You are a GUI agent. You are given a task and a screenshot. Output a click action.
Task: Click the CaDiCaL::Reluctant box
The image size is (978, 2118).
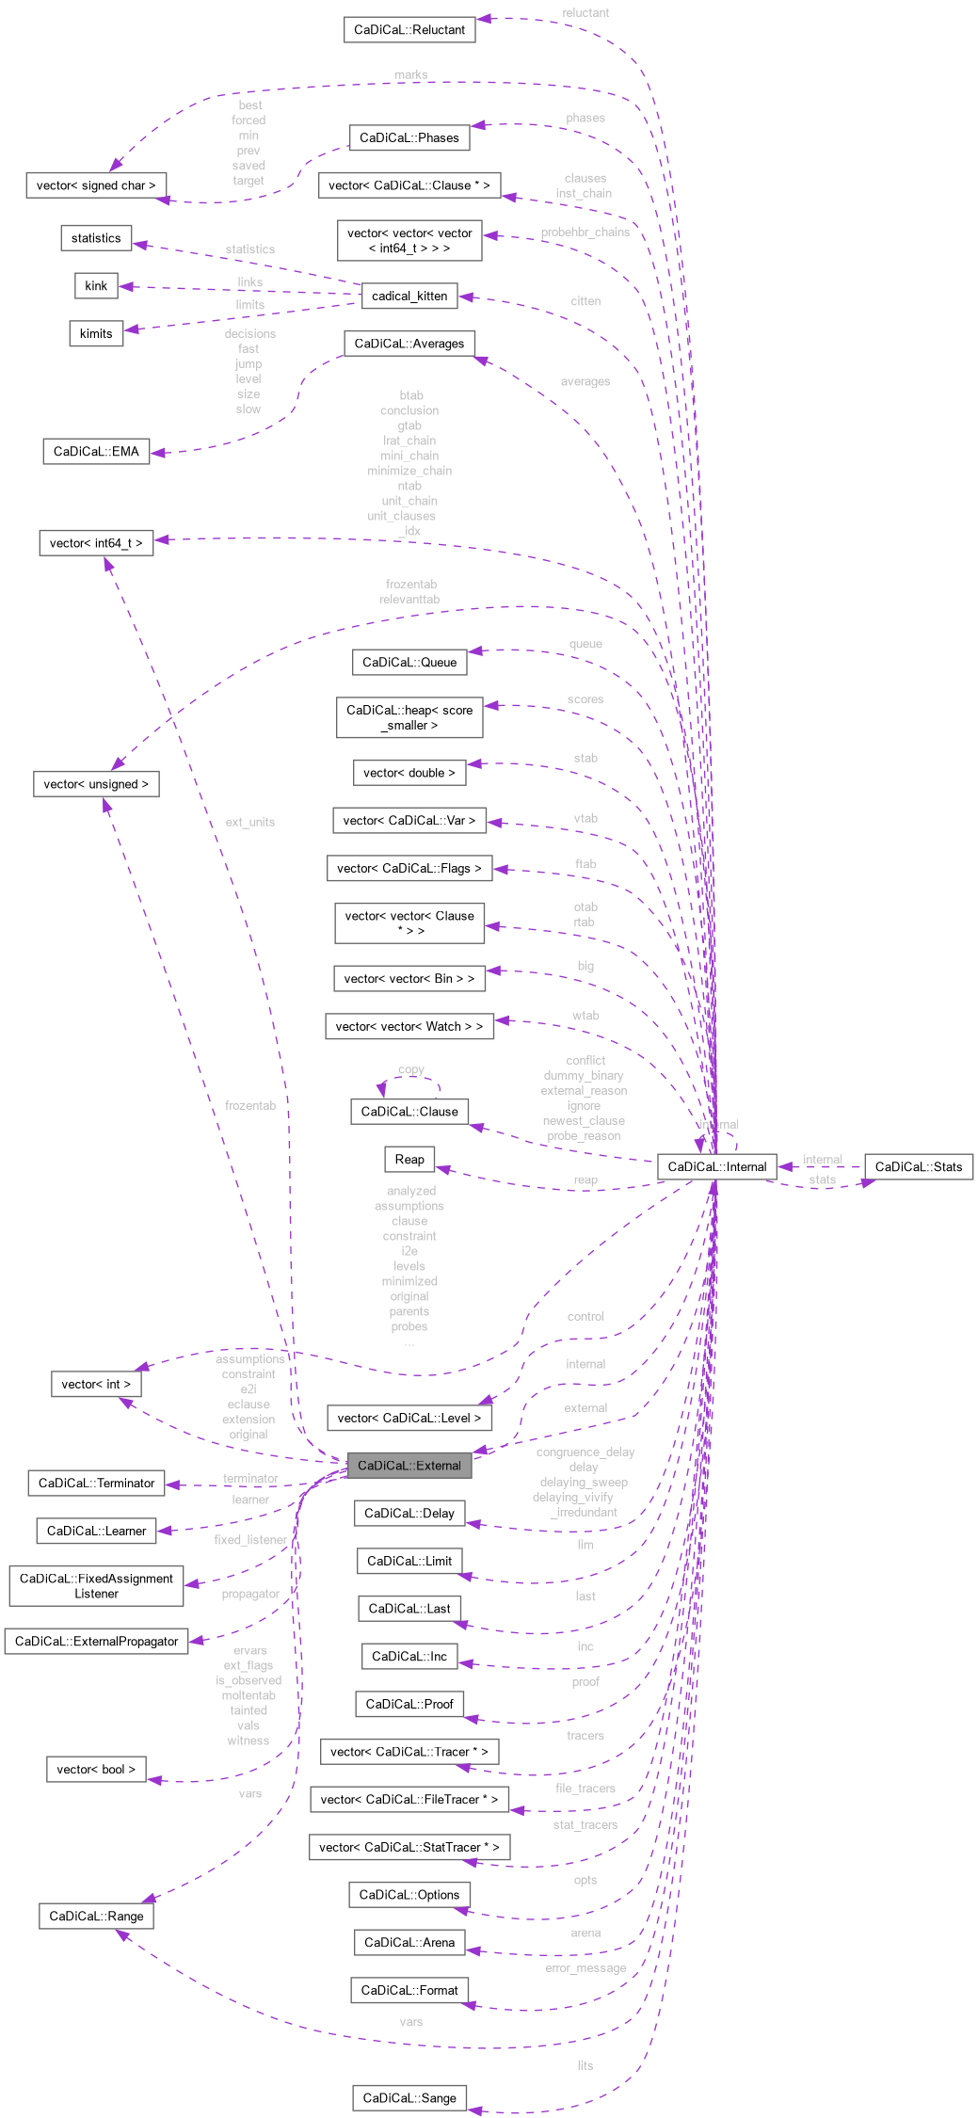coord(409,29)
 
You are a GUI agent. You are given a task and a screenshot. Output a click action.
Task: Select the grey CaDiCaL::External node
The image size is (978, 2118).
coord(409,1465)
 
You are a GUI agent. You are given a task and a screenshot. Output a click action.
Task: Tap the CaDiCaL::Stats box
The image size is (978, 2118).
coord(918,1166)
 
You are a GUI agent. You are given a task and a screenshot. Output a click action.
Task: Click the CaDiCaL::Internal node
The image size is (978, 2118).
coord(716,1166)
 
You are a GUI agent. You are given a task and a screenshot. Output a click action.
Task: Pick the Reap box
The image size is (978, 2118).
coord(409,1159)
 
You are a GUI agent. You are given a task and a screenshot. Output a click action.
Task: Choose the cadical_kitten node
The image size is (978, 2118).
coord(409,296)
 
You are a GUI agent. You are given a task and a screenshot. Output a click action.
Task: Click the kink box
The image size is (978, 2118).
coord(96,285)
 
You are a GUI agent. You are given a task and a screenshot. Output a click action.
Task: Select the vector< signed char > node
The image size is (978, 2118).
coord(96,185)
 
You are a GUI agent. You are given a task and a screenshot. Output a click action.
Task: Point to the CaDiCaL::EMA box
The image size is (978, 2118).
coord(96,451)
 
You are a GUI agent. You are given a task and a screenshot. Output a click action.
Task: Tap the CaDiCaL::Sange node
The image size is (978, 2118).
coord(409,2097)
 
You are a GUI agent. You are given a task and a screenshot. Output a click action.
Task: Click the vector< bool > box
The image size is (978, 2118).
coord(96,1769)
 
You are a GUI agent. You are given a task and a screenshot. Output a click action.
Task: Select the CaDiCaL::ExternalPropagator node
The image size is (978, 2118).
coord(96,1641)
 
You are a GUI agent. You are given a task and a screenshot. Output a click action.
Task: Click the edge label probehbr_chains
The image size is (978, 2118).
coord(585,232)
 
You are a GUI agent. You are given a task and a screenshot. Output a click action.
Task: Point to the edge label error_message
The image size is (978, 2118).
coord(585,1968)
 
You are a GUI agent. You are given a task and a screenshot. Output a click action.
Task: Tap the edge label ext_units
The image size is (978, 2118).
coord(249,822)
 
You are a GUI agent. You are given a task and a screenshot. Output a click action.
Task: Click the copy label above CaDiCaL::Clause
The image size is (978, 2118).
coord(410,1069)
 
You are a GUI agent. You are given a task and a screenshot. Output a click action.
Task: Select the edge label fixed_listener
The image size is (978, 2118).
coord(249,1540)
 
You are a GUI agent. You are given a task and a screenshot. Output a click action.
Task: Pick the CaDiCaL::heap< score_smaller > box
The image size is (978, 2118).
coord(409,717)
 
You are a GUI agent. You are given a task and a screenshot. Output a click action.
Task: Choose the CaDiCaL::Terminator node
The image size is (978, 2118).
coord(96,1483)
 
